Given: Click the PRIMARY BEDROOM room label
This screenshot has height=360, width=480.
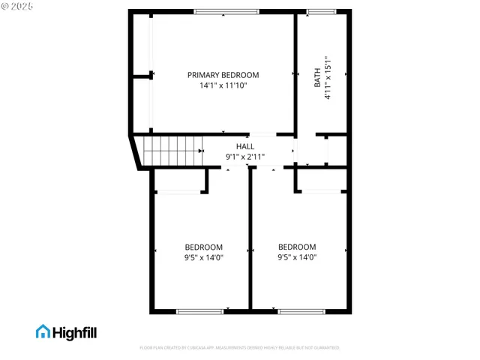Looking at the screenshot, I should click(x=223, y=75).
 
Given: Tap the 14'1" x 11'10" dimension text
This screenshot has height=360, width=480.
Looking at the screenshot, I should click(x=223, y=86).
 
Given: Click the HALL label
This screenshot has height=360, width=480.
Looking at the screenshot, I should click(x=245, y=146).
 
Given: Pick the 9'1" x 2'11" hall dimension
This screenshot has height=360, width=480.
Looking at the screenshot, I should click(x=245, y=157).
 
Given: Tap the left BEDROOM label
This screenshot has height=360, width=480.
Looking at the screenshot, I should click(x=204, y=247).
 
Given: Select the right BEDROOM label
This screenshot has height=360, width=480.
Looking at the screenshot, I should click(x=297, y=247).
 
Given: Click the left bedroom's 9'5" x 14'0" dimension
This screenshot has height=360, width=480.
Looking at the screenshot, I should click(x=204, y=258).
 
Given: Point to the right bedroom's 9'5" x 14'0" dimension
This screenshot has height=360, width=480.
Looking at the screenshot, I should click(x=297, y=257).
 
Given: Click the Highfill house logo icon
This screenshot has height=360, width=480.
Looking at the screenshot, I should click(x=43, y=331).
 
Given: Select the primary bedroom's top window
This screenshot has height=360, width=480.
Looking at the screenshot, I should click(x=226, y=11).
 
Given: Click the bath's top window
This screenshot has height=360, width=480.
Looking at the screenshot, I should click(x=321, y=11).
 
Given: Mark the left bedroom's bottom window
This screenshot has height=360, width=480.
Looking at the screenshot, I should click(x=199, y=310).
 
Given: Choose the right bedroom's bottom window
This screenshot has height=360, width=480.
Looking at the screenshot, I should click(x=301, y=310).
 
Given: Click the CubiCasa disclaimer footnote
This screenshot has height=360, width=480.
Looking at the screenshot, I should click(x=240, y=348).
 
